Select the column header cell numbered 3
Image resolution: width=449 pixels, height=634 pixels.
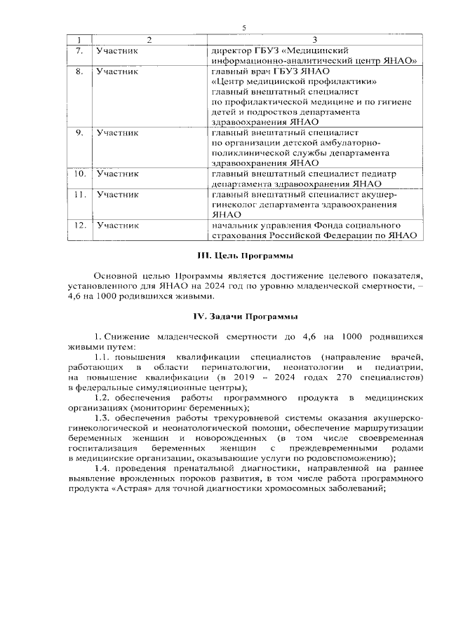[x=315, y=39]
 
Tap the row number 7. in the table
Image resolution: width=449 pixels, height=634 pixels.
[x=80, y=50]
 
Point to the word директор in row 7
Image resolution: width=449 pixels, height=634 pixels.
[x=232, y=50]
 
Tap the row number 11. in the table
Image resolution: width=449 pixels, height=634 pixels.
[x=80, y=194]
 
